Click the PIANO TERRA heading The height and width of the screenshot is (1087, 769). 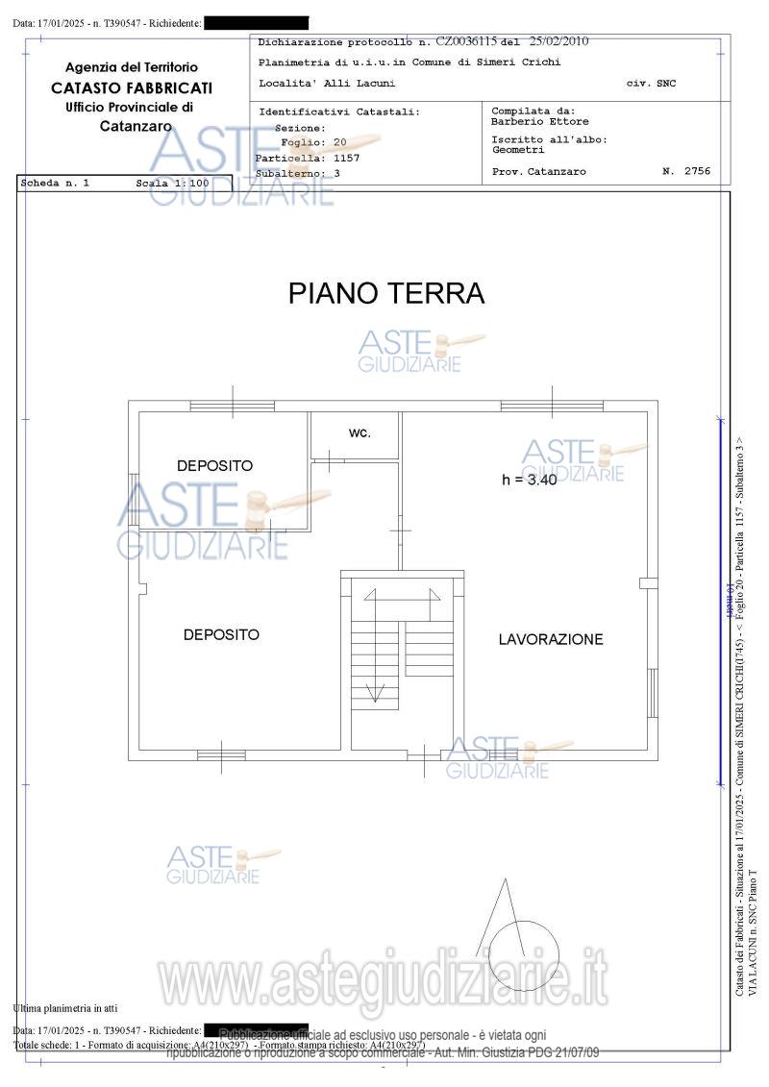pyautogui.click(x=386, y=293)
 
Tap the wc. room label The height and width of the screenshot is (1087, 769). pyautogui.click(x=360, y=432)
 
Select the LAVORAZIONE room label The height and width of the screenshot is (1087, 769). pyautogui.click(x=551, y=639)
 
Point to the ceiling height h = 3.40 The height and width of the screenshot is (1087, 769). pyautogui.click(x=530, y=480)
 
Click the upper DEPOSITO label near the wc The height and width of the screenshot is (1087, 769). pyautogui.click(x=215, y=465)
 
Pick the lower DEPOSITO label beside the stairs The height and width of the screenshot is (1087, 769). pyautogui.click(x=221, y=634)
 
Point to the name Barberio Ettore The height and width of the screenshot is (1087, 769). pyautogui.click(x=540, y=122)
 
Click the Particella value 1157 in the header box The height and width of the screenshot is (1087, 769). pyautogui.click(x=346, y=157)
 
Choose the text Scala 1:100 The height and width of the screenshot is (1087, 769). pyautogui.click(x=172, y=182)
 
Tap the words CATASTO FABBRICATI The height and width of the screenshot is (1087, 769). pyautogui.click(x=132, y=87)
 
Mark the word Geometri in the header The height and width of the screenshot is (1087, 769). pyautogui.click(x=518, y=150)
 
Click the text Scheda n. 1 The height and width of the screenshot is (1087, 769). pyautogui.click(x=55, y=182)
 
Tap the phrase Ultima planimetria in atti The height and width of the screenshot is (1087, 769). pyautogui.click(x=65, y=1008)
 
